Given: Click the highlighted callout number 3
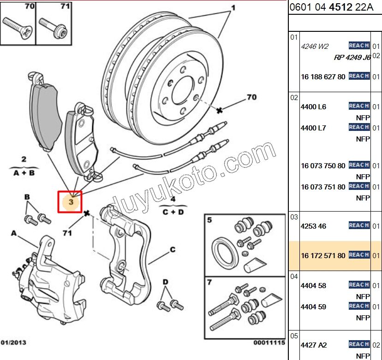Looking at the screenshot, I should (71, 202).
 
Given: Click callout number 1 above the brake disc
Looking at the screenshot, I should (233, 8).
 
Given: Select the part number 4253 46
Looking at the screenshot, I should (313, 226).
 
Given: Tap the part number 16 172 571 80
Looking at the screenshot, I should (322, 255).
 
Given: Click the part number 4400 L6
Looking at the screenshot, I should (313, 107).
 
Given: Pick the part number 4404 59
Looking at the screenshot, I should (313, 307).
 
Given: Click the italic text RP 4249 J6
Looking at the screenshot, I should (352, 58).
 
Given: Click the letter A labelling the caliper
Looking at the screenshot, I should (14, 233).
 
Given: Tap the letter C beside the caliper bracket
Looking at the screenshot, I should (173, 250).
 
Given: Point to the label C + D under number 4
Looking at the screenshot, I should (173, 212).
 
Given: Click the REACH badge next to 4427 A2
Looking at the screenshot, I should (358, 344).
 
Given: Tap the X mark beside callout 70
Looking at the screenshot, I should (220, 110).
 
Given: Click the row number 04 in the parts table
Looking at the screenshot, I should (294, 277).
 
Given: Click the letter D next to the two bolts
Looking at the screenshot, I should (165, 282).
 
